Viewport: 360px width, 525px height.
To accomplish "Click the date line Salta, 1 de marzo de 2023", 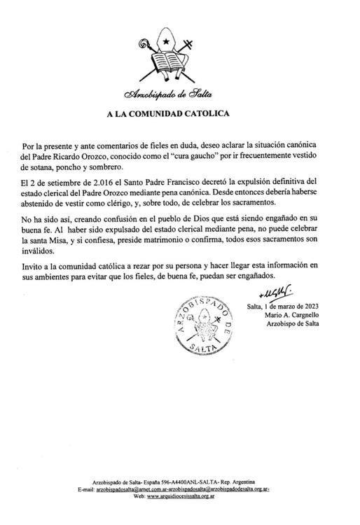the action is click(x=281, y=307).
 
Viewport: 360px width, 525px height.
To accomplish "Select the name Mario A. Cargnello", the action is click(x=289, y=316).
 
